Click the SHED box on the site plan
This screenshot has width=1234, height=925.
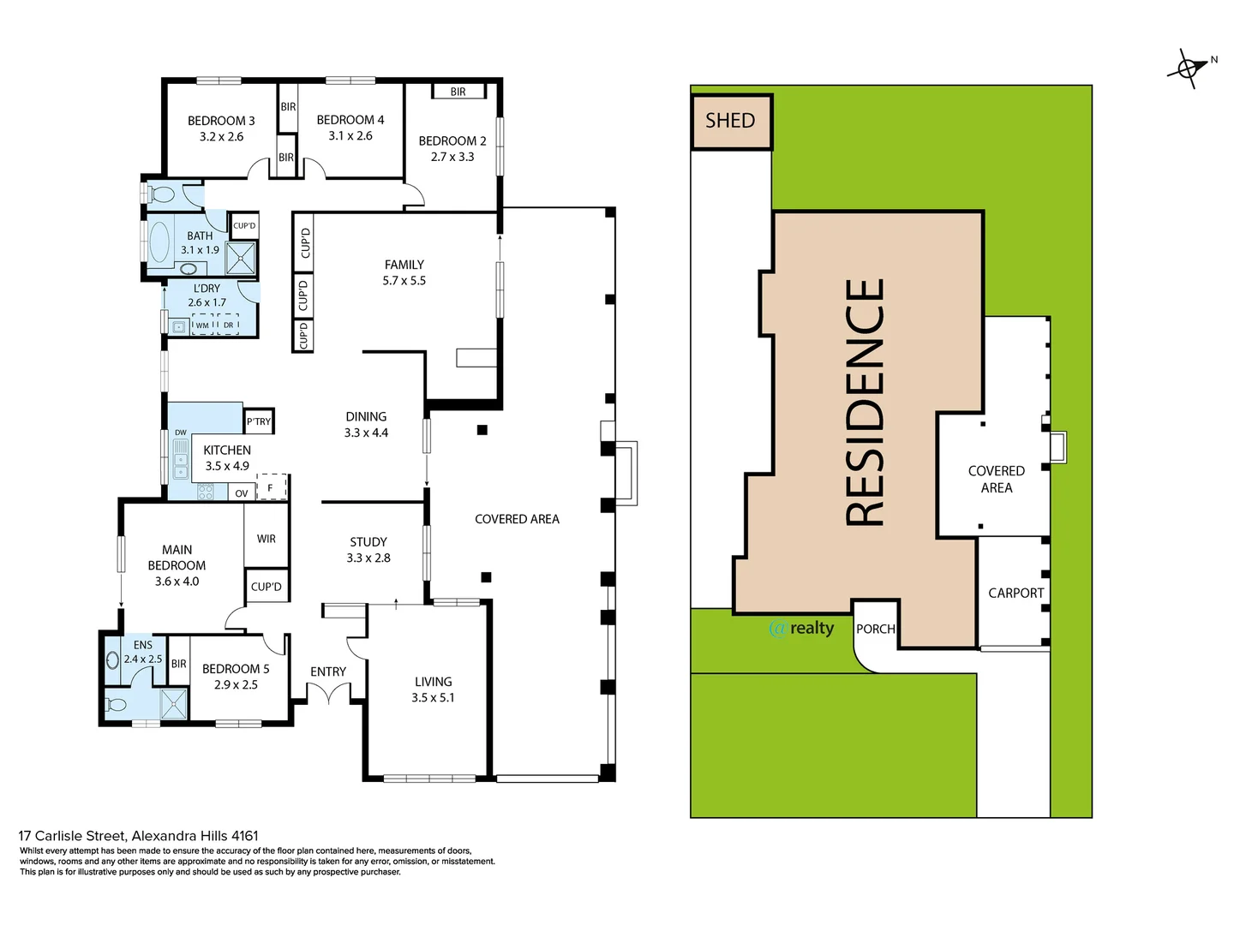[x=731, y=122]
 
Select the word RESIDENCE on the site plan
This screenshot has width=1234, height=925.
[x=865, y=403]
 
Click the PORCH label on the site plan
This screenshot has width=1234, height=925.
[x=875, y=629]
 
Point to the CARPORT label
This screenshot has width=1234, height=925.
[x=1015, y=593]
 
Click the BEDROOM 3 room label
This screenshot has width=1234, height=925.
[x=221, y=121]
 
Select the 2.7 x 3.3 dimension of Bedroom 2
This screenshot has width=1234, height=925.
[x=452, y=157]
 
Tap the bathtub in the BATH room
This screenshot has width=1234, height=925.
[x=159, y=242]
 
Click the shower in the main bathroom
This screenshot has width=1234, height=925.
[x=243, y=258]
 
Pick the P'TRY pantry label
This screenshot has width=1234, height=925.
[x=259, y=421]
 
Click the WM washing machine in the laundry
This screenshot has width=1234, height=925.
[x=202, y=325]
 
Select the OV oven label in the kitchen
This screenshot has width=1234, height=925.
[x=242, y=493]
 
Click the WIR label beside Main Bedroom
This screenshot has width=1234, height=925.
[x=267, y=539]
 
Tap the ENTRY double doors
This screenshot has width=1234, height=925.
[x=328, y=694]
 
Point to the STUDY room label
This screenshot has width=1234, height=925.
[x=368, y=542]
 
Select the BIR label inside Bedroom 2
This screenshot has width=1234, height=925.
[x=458, y=92]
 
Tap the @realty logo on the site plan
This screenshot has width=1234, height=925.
[x=802, y=629]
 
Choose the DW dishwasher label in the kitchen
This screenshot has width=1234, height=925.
[x=181, y=433]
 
